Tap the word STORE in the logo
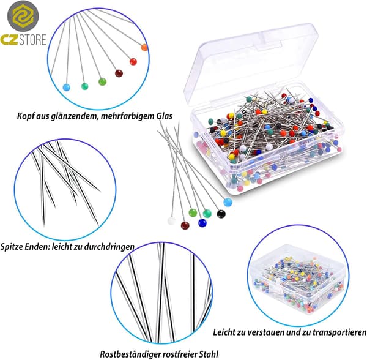(x=32, y=40)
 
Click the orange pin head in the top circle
(x=144, y=48)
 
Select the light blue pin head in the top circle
(x=67, y=88)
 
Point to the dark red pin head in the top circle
(x=119, y=73)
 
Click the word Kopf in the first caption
(x=25, y=116)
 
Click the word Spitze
(x=12, y=247)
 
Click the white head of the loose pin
(x=171, y=221)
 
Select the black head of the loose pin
(x=221, y=214)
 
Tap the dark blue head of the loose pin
(x=202, y=223)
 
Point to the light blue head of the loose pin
(x=228, y=202)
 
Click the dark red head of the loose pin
(x=185, y=225)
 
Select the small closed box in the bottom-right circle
(x=298, y=282)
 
